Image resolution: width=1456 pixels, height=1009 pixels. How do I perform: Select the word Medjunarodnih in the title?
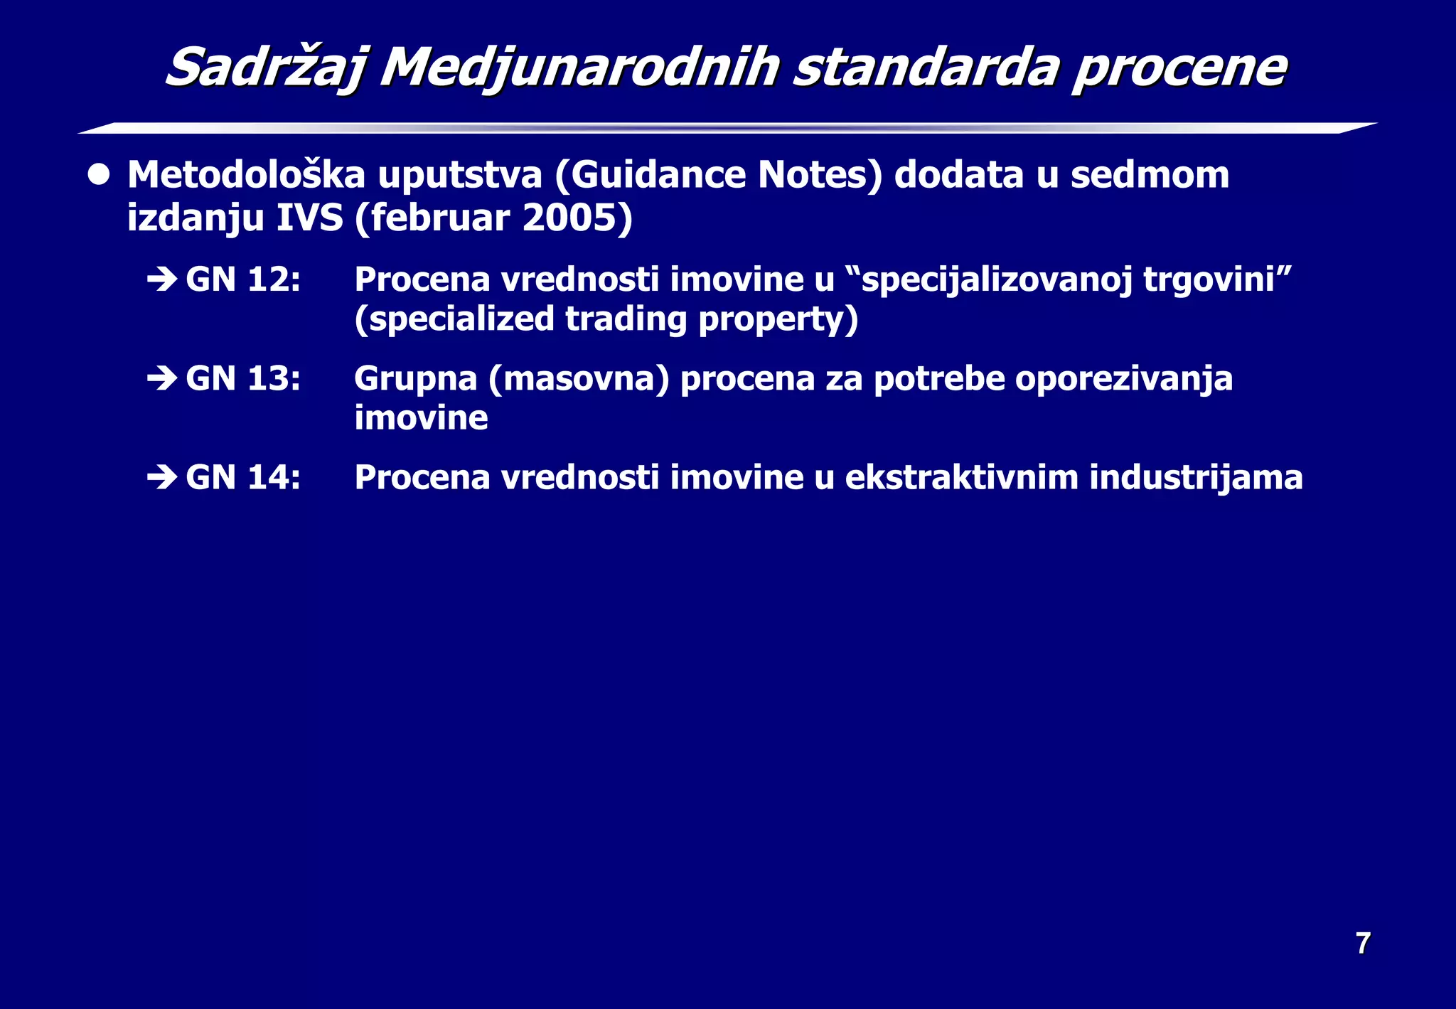coord(579,68)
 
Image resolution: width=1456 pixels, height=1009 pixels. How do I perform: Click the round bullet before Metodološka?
coord(99,175)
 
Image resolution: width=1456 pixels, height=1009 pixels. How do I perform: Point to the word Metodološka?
coord(246,175)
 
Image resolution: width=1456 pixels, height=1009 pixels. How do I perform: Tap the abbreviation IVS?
coord(309,218)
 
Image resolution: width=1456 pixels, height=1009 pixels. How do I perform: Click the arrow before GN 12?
coord(162,279)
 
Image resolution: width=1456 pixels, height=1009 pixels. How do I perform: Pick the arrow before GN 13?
coord(162,378)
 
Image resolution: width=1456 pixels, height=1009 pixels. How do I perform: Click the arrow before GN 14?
coord(162,477)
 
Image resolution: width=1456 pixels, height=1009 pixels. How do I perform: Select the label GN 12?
coord(243,279)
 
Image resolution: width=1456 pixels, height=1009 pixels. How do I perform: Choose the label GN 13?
coord(243,378)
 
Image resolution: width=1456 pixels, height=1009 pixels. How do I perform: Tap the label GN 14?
coord(243,477)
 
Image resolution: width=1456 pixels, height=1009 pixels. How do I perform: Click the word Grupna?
coord(416,378)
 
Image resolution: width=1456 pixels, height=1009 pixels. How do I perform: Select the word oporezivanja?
coord(1124,378)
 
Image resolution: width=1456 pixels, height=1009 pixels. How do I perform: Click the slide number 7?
coord(1363,944)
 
